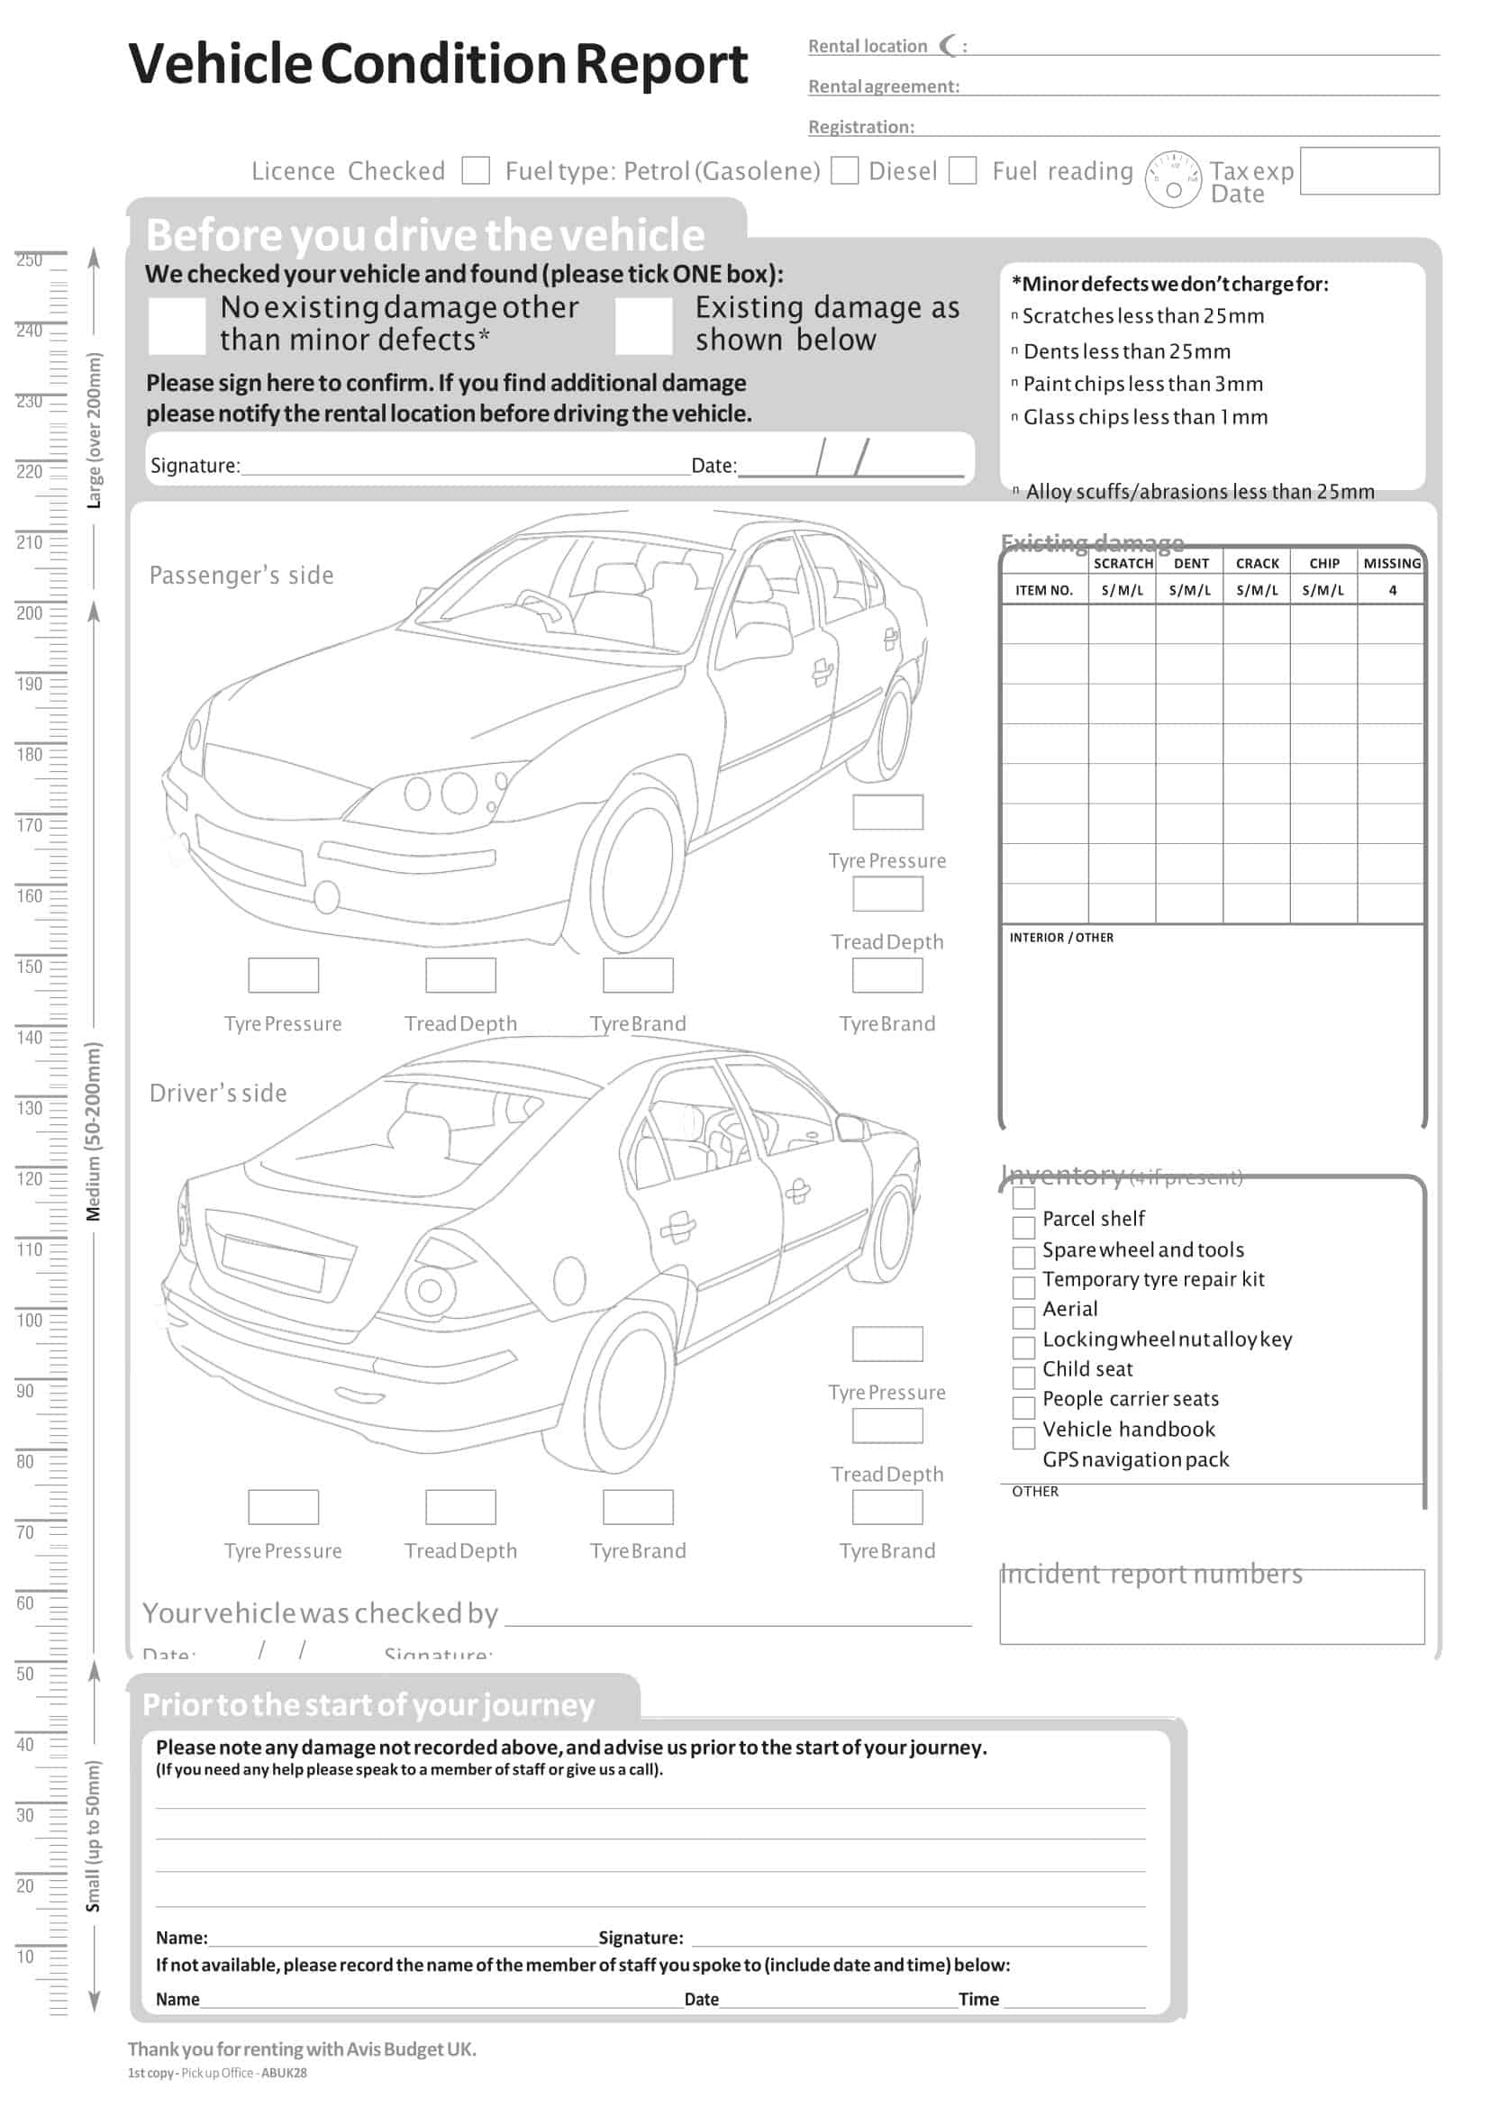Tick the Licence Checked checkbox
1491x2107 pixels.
(x=476, y=171)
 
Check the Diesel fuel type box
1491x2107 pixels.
(x=961, y=171)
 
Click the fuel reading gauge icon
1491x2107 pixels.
(x=1172, y=179)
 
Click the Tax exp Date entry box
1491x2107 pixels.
(x=1368, y=172)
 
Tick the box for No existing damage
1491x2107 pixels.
(x=177, y=325)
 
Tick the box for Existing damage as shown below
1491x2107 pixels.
(x=643, y=325)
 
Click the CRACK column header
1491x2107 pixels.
(x=1256, y=564)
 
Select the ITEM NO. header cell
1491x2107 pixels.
(x=1043, y=590)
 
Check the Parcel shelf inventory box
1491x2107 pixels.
(x=1023, y=1229)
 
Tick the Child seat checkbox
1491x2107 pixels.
(x=1023, y=1378)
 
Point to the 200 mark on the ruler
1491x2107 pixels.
(x=30, y=613)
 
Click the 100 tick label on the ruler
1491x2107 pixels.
(x=30, y=1321)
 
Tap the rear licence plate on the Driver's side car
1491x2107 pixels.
(x=273, y=1264)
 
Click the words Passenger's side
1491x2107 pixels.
(x=241, y=576)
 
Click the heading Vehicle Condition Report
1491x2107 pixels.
(x=438, y=64)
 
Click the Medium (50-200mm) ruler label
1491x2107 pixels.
(x=94, y=1132)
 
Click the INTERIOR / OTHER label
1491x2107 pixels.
(x=1060, y=938)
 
